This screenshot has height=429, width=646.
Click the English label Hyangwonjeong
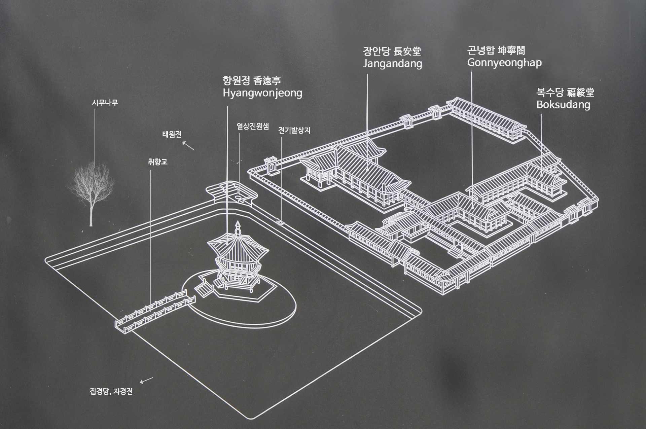click(x=262, y=93)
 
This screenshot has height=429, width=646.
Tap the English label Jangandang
click(x=392, y=64)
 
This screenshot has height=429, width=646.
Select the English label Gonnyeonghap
click(x=504, y=63)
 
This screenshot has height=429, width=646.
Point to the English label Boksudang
click(x=563, y=105)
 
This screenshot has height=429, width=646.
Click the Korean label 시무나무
click(x=105, y=103)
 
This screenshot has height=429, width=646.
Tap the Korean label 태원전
click(x=172, y=135)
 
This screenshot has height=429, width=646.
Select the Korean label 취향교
click(x=157, y=162)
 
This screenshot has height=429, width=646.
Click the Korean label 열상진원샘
click(x=253, y=127)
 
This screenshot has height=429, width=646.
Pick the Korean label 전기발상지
click(x=294, y=131)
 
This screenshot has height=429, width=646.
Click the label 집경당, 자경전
click(x=111, y=392)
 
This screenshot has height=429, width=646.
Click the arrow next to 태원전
click(x=188, y=145)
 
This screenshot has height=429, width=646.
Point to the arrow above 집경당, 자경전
click(x=146, y=380)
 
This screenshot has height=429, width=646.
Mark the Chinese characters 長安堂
click(x=407, y=51)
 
